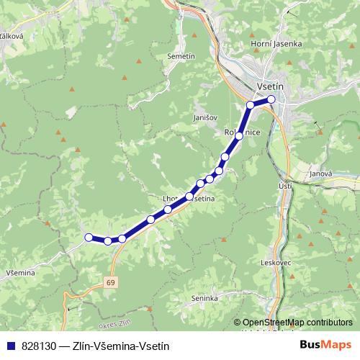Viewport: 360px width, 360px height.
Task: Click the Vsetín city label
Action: (x=271, y=86)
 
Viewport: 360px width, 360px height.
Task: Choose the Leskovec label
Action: (x=276, y=263)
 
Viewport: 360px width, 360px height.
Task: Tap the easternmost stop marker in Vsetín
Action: (x=271, y=99)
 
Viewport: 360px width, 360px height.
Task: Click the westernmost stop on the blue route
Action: (x=89, y=237)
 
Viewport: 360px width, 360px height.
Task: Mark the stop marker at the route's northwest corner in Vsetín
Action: (x=251, y=105)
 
